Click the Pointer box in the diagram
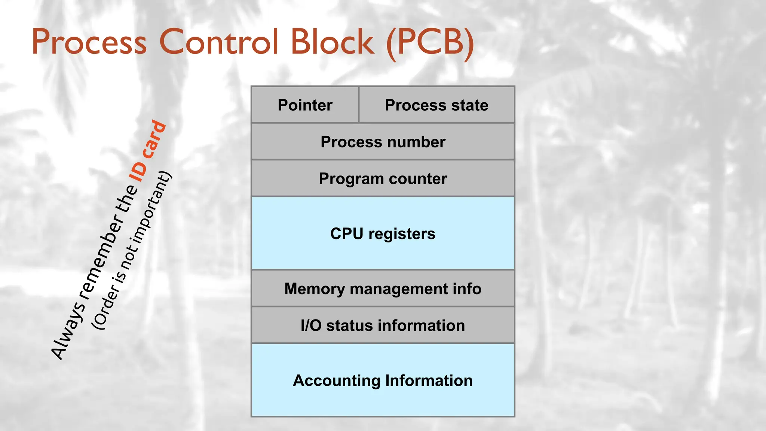pos(305,105)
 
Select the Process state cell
pos(436,105)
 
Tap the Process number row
pos(383,142)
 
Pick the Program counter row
pos(383,178)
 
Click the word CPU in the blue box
pos(346,234)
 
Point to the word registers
pos(402,234)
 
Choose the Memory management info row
pos(383,289)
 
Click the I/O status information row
pos(383,325)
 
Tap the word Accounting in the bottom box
pos(336,381)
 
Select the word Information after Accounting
pos(429,381)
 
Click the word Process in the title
pos(89,42)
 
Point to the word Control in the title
pos(219,42)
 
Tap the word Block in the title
pos(332,42)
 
